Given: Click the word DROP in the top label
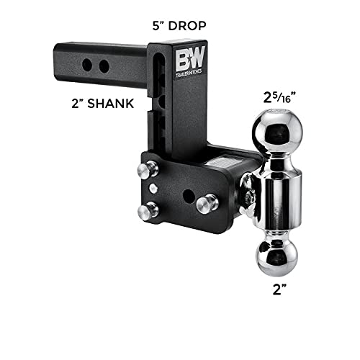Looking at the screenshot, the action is coord(187,26).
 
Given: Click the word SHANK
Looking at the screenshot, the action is coord(110,104).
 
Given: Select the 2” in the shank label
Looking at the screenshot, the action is coord(77,104).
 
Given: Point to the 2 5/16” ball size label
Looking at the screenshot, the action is coord(279,98).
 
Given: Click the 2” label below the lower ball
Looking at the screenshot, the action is coord(279,289).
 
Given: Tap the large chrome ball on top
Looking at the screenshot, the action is coord(277,131).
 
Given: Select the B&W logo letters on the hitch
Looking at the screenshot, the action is coord(190,58).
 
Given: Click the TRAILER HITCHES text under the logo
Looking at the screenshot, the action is coord(189,74).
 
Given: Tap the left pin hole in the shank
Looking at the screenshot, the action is coord(87,65).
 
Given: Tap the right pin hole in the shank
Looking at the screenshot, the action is coord(104,66).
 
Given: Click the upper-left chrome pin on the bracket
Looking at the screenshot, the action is coord(148,169).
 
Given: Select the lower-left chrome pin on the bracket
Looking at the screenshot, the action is coord(148,210).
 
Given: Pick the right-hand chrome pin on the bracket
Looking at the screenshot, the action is coord(207,204).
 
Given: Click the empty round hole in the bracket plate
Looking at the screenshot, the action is coord(189,196).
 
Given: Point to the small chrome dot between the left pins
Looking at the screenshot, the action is coord(153,188).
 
